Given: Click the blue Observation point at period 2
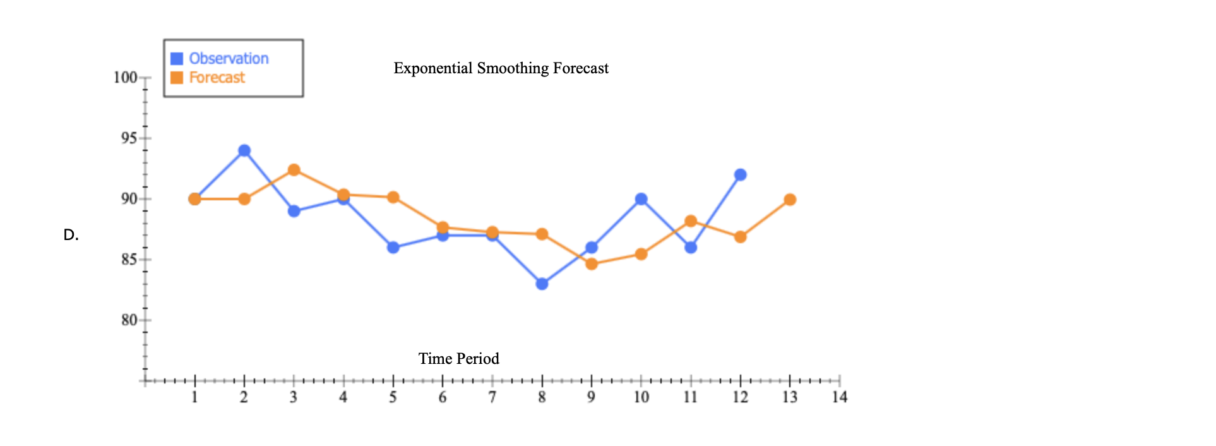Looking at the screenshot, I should (244, 150).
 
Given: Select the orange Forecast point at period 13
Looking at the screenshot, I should (790, 200).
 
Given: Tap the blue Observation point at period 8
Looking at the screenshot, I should (542, 284).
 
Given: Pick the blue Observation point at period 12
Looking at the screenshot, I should (741, 175).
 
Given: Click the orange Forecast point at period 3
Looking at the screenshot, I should (294, 170).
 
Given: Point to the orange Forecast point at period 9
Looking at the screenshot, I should (592, 264).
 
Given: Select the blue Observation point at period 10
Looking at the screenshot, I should (641, 199).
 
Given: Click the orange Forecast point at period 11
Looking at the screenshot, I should (691, 221).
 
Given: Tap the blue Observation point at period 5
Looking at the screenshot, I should (393, 248).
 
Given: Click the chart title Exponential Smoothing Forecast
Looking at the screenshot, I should (501, 68).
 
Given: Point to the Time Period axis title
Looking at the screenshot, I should (458, 359).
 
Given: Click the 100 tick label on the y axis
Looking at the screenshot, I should (125, 78).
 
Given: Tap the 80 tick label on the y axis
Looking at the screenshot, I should (129, 320).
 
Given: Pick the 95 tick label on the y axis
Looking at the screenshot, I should (129, 138).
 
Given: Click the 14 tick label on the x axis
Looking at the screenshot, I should (839, 397).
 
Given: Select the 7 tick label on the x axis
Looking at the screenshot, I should (492, 397).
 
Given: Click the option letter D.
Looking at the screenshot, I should (71, 235).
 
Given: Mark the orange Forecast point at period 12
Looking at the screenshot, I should (741, 237).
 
